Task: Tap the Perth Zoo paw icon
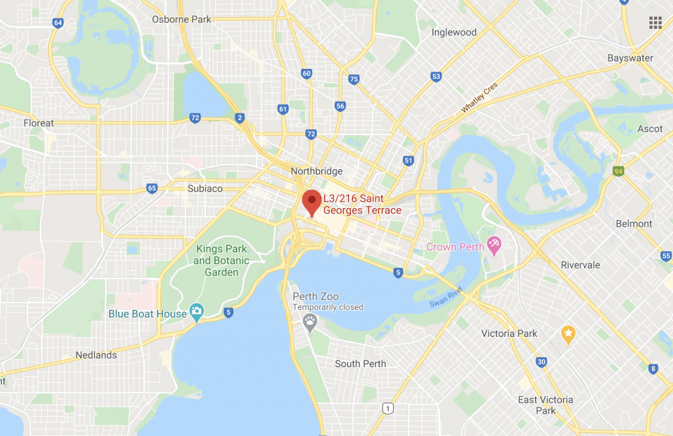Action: (x=310, y=321)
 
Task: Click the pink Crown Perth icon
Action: (x=494, y=246)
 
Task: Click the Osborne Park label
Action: (x=181, y=19)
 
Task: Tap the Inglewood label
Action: (x=454, y=32)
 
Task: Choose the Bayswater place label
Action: (x=630, y=58)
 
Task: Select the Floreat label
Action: (x=39, y=123)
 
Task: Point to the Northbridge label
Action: (x=317, y=171)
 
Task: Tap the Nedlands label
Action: (x=96, y=355)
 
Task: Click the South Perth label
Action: (x=360, y=364)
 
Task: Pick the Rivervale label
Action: (x=580, y=265)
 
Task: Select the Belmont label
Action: (x=634, y=223)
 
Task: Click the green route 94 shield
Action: (x=617, y=171)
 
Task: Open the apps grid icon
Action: (x=655, y=23)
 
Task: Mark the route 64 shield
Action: (x=58, y=22)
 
